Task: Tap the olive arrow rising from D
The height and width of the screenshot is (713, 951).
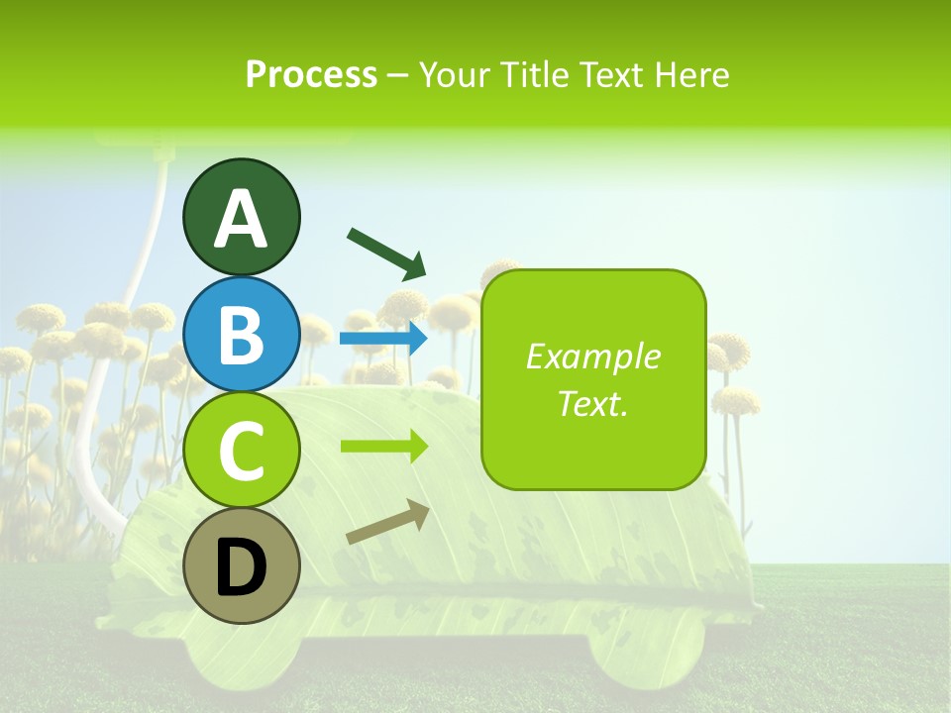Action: tap(387, 522)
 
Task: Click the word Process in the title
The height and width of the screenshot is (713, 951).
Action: tap(311, 74)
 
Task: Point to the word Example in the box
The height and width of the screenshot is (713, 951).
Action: tap(592, 356)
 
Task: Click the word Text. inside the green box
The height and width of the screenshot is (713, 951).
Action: tap(592, 403)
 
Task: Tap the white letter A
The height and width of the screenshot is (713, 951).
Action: tap(242, 219)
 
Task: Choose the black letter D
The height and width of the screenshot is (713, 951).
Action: tap(242, 569)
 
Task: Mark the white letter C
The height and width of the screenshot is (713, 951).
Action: tap(242, 452)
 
